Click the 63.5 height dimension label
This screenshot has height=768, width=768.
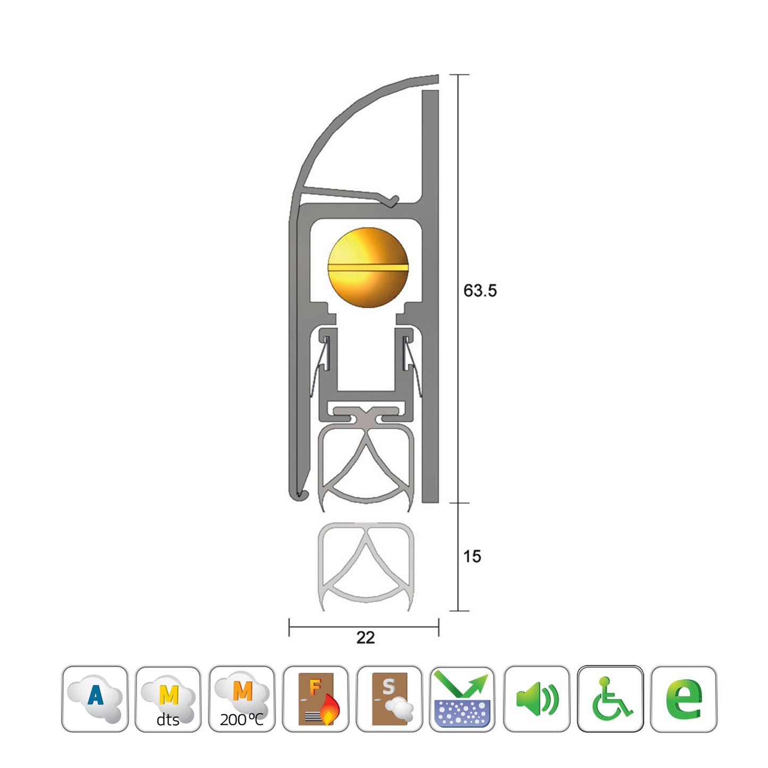point(479,291)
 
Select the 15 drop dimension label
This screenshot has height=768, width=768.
point(471,556)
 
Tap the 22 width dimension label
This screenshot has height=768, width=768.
point(365,637)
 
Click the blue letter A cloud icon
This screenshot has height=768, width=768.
point(95,698)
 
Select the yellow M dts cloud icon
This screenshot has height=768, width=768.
point(168,698)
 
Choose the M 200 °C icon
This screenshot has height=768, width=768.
point(242,698)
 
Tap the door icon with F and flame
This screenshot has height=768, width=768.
point(316,698)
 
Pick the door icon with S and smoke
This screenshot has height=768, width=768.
point(389,698)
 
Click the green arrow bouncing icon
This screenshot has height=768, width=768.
point(462,698)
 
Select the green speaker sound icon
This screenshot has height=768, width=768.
point(536,698)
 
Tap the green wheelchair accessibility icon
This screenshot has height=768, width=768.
point(610,698)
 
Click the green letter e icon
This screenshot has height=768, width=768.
point(683,698)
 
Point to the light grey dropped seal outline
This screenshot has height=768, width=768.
point(366,566)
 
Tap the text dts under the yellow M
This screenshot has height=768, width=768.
point(168,720)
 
